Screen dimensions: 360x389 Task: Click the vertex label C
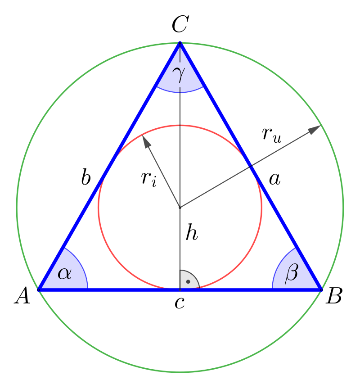click(180, 24)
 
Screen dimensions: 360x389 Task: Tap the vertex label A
click(22, 295)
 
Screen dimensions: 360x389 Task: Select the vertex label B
click(334, 296)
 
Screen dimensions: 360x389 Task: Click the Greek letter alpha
click(65, 274)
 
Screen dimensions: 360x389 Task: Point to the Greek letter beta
click(292, 274)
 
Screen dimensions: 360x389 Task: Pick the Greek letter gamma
click(179, 74)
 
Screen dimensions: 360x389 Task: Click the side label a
click(274, 179)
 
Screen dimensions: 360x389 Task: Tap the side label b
click(86, 177)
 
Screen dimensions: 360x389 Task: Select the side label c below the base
click(180, 303)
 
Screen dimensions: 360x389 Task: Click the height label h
click(192, 232)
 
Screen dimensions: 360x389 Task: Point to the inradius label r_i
click(149, 178)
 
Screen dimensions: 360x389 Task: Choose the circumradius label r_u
click(272, 135)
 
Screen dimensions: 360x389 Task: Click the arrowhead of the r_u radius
click(315, 129)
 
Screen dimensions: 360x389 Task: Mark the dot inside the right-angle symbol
click(188, 281)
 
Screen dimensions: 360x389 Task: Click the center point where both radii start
click(180, 208)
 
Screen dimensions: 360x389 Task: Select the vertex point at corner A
click(38, 289)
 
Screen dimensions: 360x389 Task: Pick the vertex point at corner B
click(322, 289)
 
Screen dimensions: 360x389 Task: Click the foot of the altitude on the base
click(180, 289)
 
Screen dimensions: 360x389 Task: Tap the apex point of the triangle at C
click(180, 43)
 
